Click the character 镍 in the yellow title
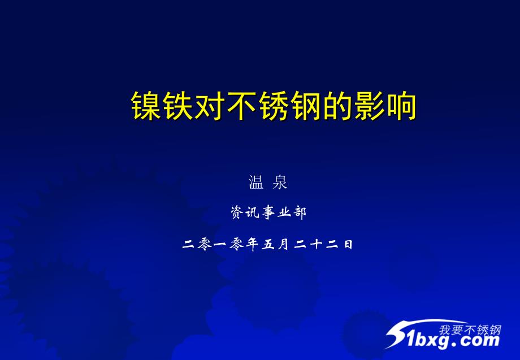click(x=146, y=106)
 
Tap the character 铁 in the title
click(x=177, y=106)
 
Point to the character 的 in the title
click(x=337, y=106)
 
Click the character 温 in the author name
click(x=255, y=183)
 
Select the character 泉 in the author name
click(x=280, y=183)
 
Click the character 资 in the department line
click(x=237, y=212)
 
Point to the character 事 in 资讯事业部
click(x=268, y=212)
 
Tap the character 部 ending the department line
click(x=300, y=212)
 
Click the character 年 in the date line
click(x=253, y=244)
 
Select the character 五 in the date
click(x=268, y=245)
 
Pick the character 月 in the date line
click(x=284, y=244)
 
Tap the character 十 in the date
click(x=316, y=244)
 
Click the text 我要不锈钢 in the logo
click(x=470, y=330)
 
